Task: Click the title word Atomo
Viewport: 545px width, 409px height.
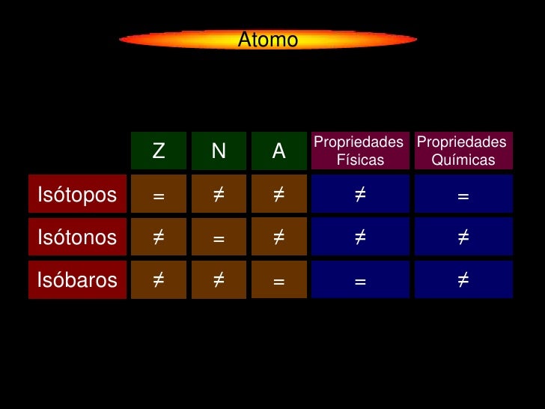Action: (x=268, y=40)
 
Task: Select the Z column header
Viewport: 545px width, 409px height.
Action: (x=159, y=151)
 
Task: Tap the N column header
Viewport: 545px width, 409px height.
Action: (x=219, y=151)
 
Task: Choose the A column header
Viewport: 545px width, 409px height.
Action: (x=279, y=151)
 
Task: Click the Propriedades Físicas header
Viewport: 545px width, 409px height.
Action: (x=359, y=151)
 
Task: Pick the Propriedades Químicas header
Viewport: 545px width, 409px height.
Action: (x=463, y=151)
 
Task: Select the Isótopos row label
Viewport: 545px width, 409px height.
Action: (x=77, y=195)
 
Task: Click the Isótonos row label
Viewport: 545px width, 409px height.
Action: (x=77, y=237)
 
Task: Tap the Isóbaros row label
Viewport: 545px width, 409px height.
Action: (x=77, y=280)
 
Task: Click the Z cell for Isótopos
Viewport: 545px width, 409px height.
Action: (x=159, y=195)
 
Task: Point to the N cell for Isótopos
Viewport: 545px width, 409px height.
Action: (x=219, y=195)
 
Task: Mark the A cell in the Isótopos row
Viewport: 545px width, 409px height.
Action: (x=279, y=195)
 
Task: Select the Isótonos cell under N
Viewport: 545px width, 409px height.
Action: (x=219, y=237)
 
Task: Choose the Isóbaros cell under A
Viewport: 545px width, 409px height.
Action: (x=279, y=280)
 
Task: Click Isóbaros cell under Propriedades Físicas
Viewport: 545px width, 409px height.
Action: (x=360, y=280)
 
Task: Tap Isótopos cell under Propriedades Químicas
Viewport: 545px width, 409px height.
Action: (x=463, y=195)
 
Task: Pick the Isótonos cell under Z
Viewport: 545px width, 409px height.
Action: (x=159, y=237)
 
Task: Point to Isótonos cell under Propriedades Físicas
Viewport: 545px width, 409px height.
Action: (x=360, y=237)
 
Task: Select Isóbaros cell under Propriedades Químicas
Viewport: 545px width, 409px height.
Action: (x=463, y=280)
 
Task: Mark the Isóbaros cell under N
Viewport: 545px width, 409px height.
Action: (x=219, y=280)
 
